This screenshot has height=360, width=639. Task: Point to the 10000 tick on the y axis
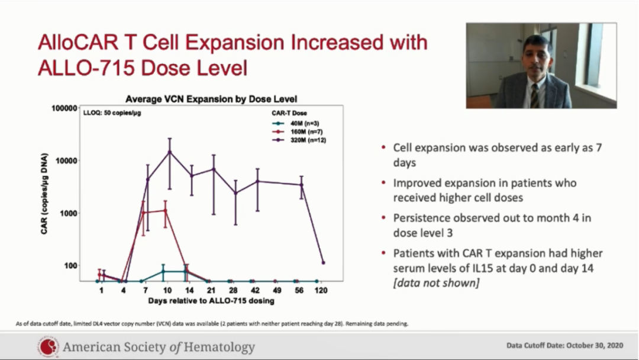point(64,160)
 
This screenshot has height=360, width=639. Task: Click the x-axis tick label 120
point(321,291)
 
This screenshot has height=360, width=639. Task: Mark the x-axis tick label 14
point(189,291)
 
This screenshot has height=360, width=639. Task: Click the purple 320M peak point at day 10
point(170,152)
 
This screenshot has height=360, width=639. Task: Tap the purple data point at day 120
point(323,262)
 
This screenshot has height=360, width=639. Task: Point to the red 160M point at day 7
point(143,213)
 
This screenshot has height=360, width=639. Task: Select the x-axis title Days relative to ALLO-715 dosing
point(211,301)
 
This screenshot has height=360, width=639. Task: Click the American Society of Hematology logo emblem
point(49,346)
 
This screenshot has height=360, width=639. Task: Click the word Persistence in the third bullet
point(421,218)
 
